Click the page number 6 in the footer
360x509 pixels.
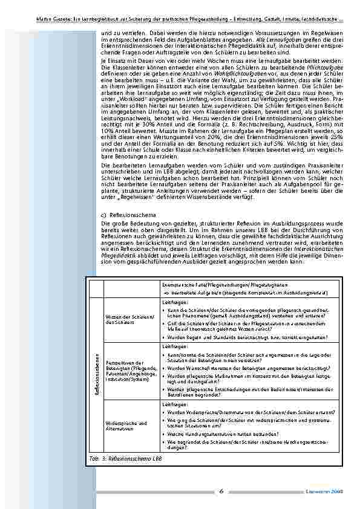[x=221, y=491]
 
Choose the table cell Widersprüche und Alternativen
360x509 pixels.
[x=126, y=426]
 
